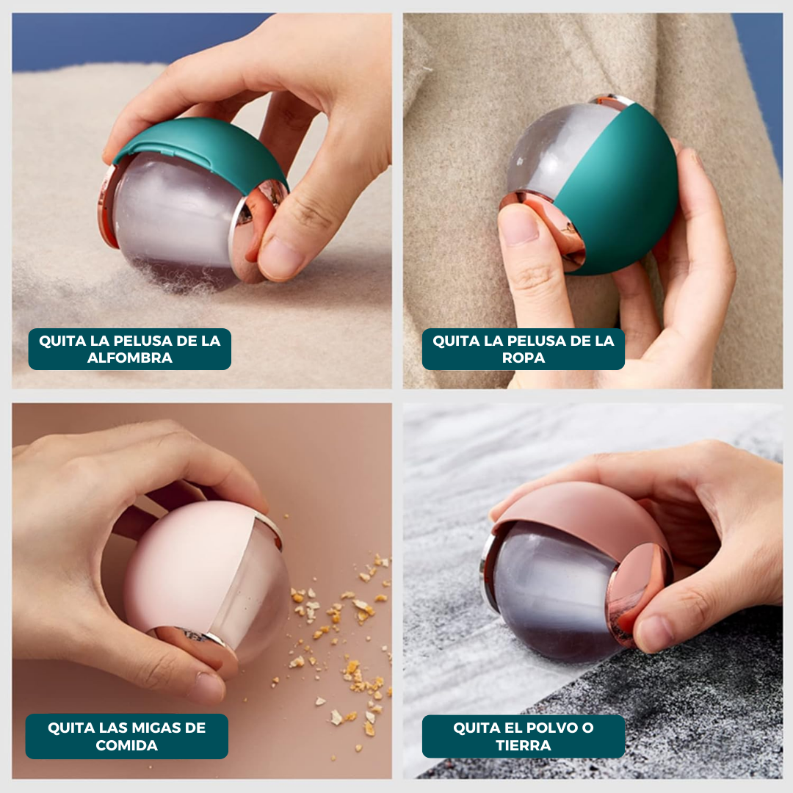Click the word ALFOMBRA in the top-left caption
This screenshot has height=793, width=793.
point(129,358)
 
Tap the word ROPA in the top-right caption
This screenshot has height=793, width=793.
point(524,358)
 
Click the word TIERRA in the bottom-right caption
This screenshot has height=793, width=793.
point(524,745)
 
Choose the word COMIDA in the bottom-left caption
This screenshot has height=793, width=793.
point(126,745)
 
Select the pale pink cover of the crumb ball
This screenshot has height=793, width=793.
point(189,566)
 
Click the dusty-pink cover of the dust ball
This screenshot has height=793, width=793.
point(582,511)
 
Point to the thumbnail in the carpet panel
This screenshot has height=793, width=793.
point(281,258)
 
